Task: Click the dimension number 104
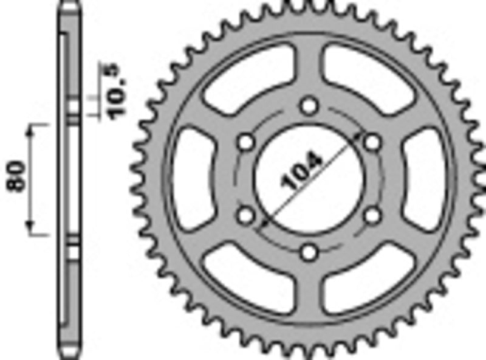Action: tap(301, 172)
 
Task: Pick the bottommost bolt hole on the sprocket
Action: tap(310, 251)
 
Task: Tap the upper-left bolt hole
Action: tap(246, 142)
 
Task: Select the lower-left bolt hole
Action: tap(246, 215)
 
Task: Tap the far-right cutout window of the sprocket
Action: tap(427, 179)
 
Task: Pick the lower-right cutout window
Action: tap(368, 279)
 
